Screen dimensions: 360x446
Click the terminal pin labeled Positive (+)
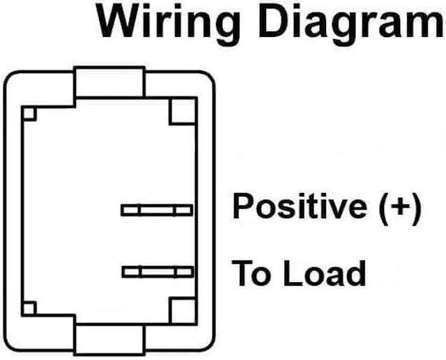(157, 210)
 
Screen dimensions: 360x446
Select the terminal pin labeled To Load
(157, 272)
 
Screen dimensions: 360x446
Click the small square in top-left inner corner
(29, 114)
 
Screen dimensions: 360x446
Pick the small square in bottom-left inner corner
(29, 308)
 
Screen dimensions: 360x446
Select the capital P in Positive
(243, 207)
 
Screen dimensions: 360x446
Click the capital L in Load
(292, 274)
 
